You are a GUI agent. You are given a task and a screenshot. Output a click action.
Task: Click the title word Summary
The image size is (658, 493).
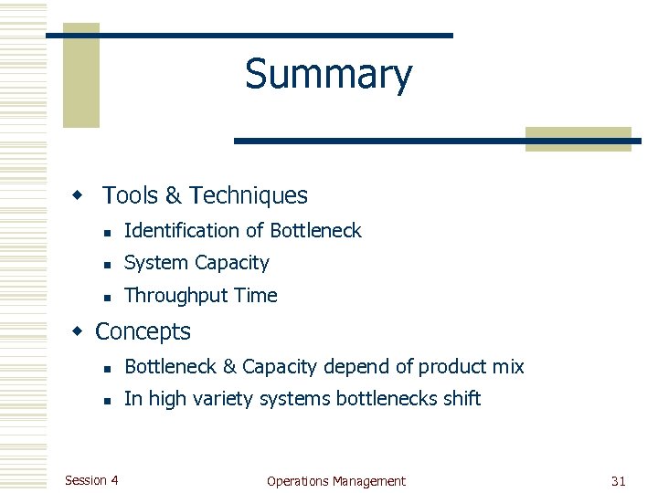[328, 75]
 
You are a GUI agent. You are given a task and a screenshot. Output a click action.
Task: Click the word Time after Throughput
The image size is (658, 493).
[257, 296]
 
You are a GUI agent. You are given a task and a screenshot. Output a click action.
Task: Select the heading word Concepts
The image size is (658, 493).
[143, 331]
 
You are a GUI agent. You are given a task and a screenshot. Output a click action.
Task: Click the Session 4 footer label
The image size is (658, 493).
[91, 480]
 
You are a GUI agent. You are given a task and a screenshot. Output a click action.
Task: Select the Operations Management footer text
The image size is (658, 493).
[335, 481]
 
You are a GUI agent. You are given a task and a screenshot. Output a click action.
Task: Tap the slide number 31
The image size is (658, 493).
[618, 481]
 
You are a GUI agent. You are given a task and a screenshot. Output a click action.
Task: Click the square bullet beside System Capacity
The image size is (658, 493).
[107, 265]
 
